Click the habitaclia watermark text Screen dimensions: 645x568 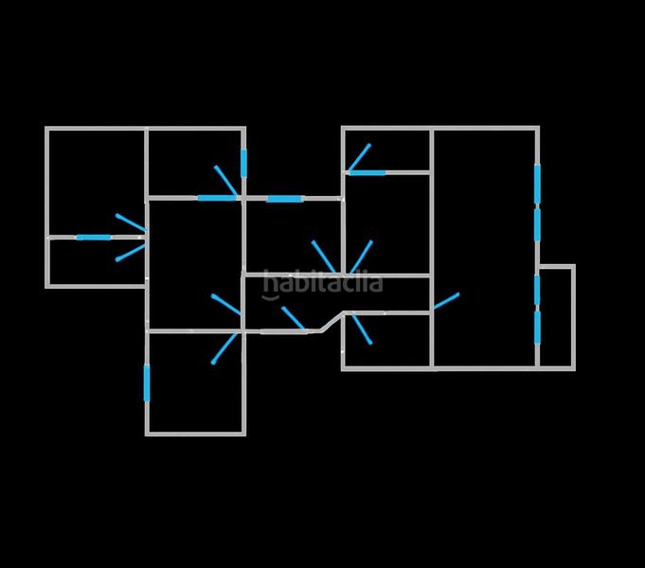click(322, 284)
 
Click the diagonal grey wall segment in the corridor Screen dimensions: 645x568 click(332, 322)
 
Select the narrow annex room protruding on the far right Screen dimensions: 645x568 click(557, 317)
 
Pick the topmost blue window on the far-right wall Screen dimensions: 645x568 click(537, 184)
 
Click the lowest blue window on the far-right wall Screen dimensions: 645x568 click(537, 328)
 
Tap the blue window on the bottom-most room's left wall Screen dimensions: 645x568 click(147, 382)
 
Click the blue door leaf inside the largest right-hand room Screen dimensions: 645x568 click(446, 301)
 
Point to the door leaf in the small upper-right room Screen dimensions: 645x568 click(359, 157)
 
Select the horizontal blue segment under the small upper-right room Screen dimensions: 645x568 click(367, 172)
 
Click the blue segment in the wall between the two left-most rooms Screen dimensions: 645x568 click(94, 238)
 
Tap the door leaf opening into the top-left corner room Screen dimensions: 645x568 click(131, 222)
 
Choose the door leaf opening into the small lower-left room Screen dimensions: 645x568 click(131, 253)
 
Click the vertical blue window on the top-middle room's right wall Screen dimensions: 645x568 click(244, 163)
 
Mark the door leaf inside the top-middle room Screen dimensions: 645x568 click(225, 180)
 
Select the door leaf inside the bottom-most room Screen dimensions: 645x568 click(225, 348)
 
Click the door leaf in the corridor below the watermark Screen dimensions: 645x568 click(294, 318)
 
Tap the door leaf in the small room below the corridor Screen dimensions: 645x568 click(362, 328)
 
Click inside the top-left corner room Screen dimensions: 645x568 click(97, 182)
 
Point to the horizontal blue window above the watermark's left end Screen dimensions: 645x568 click(285, 199)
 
